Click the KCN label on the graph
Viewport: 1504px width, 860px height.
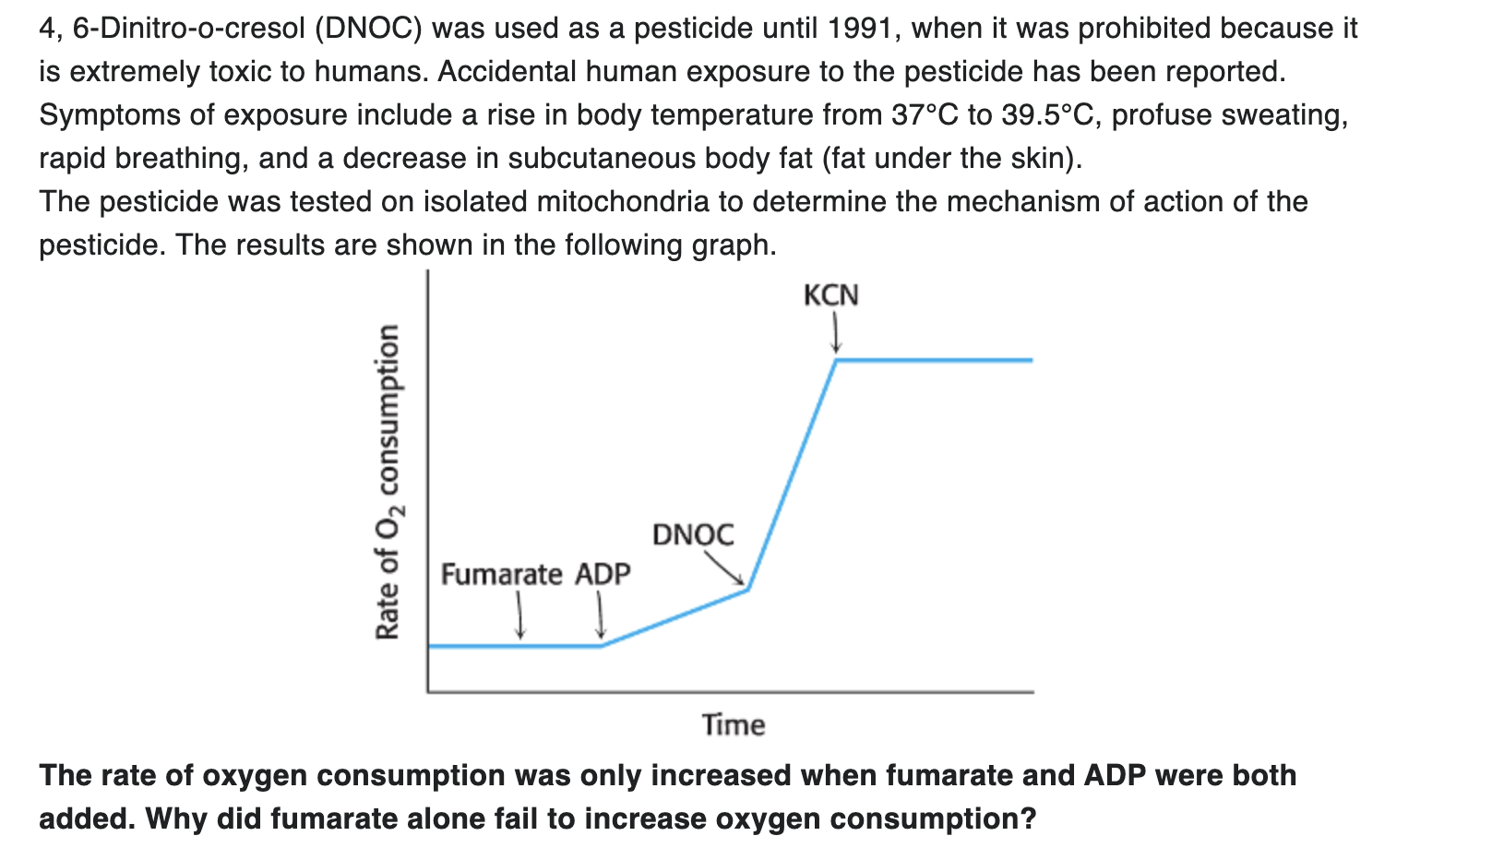[x=830, y=296]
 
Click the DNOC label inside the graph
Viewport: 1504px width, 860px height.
[x=693, y=534]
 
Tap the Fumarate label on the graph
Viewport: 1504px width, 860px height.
[x=501, y=574]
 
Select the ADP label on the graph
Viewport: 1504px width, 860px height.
[x=603, y=574]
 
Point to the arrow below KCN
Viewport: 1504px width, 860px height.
[x=835, y=334]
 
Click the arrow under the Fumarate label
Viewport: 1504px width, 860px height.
[x=520, y=615]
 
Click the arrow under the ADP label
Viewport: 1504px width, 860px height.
[x=601, y=615]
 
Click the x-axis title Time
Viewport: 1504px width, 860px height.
[x=734, y=725]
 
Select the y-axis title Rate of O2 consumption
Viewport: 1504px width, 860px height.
[x=388, y=482]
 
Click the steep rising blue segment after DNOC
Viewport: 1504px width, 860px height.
[x=792, y=475]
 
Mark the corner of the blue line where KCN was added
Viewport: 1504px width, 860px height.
[x=837, y=360]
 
